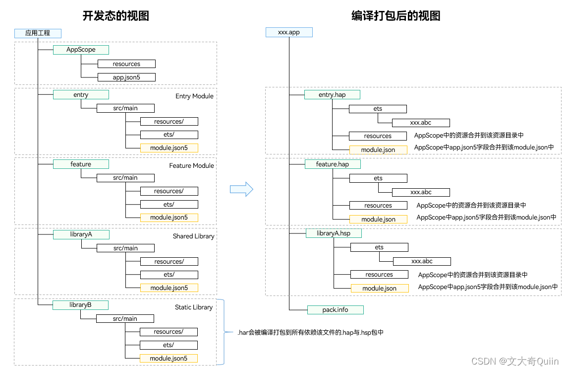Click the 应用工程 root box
coord(38,33)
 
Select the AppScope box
coord(81,50)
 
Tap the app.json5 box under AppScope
coord(126,77)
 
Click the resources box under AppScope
coord(126,64)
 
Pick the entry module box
coord(81,94)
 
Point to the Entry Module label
coord(194,96)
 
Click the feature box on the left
coord(81,164)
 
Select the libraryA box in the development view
coord(81,234)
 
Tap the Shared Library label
coord(193,236)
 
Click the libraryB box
coord(80,305)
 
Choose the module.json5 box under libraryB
coord(169,358)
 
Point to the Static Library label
coord(193,307)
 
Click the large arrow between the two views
coord(241,189)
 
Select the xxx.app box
coord(289,32)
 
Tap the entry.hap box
coord(332,94)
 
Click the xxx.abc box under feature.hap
coord(421,192)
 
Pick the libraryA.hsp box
coord(333,233)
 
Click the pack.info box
coord(336,309)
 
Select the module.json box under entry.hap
coord(378,149)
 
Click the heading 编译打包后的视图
coord(396,16)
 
